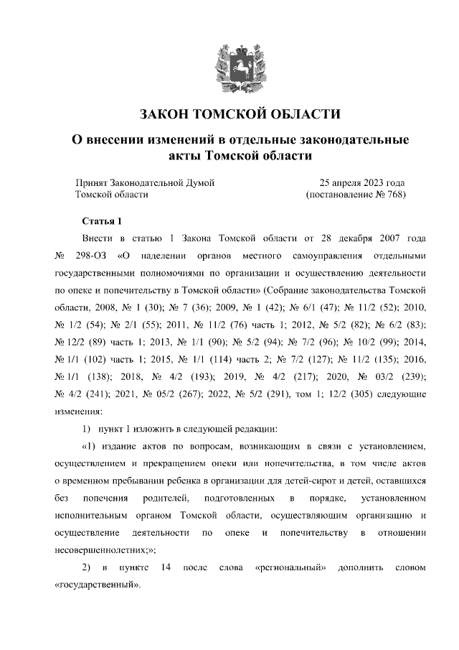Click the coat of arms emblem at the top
tap(229, 65)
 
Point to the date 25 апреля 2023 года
tap(362, 182)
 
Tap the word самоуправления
tap(327, 256)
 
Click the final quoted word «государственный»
tap(98, 585)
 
